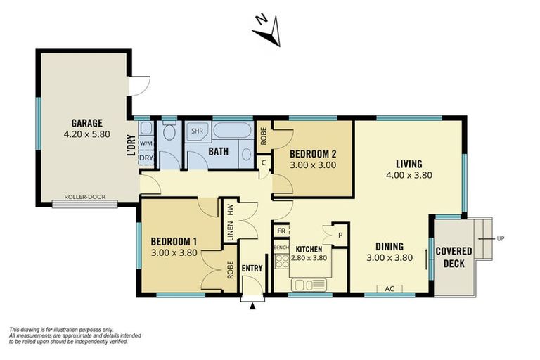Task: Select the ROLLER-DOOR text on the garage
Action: [x=84, y=197]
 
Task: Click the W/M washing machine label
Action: [x=146, y=143]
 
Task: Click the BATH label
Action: [x=217, y=150]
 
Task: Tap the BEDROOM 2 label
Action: [x=313, y=154]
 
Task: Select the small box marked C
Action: [x=264, y=163]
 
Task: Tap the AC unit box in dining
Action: [x=389, y=288]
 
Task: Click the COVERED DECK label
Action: [x=454, y=257]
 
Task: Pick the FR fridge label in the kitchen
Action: [x=281, y=231]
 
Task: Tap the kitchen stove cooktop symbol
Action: [x=281, y=262]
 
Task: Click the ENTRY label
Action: [x=252, y=268]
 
